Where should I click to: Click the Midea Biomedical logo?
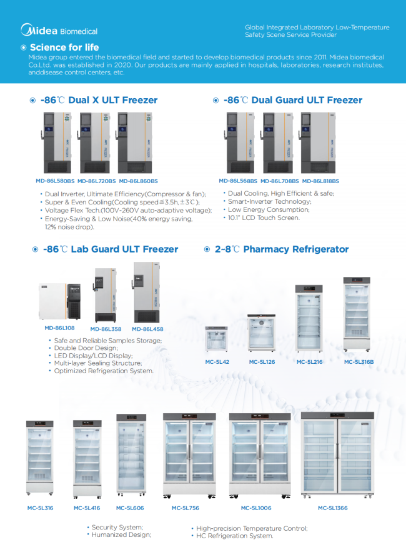point(59,30)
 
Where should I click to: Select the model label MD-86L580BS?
point(55,181)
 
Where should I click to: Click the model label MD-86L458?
point(147,329)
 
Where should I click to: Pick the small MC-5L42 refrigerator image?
point(217,339)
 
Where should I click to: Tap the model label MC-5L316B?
point(359,361)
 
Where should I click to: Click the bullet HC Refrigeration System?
point(234,536)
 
